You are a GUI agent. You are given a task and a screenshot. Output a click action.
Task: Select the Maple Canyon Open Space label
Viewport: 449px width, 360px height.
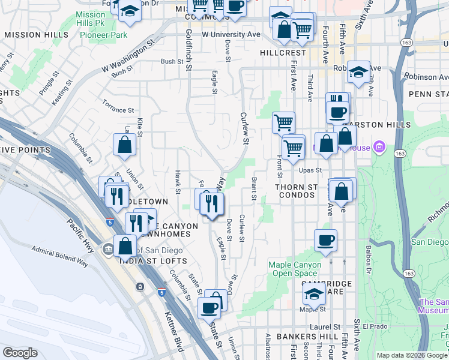click(295, 269)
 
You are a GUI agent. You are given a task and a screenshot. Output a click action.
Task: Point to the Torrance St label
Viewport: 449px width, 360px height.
click(118, 110)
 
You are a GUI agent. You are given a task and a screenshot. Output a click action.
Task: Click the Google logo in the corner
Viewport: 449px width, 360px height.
click(20, 352)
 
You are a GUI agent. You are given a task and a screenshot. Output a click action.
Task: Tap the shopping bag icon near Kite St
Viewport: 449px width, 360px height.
click(124, 145)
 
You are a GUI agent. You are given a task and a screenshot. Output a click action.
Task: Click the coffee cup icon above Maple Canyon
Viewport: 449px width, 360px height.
click(326, 240)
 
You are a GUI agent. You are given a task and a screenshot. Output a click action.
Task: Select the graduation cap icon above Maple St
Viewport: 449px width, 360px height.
click(313, 295)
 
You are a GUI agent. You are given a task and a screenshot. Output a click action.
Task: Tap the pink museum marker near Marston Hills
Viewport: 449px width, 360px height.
click(378, 146)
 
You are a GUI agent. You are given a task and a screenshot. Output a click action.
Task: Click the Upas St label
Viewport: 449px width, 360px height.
click(315, 170)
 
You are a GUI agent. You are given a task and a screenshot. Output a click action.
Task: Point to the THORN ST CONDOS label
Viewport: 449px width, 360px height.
click(296, 191)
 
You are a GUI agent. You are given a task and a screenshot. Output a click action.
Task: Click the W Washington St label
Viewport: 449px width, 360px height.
click(128, 56)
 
